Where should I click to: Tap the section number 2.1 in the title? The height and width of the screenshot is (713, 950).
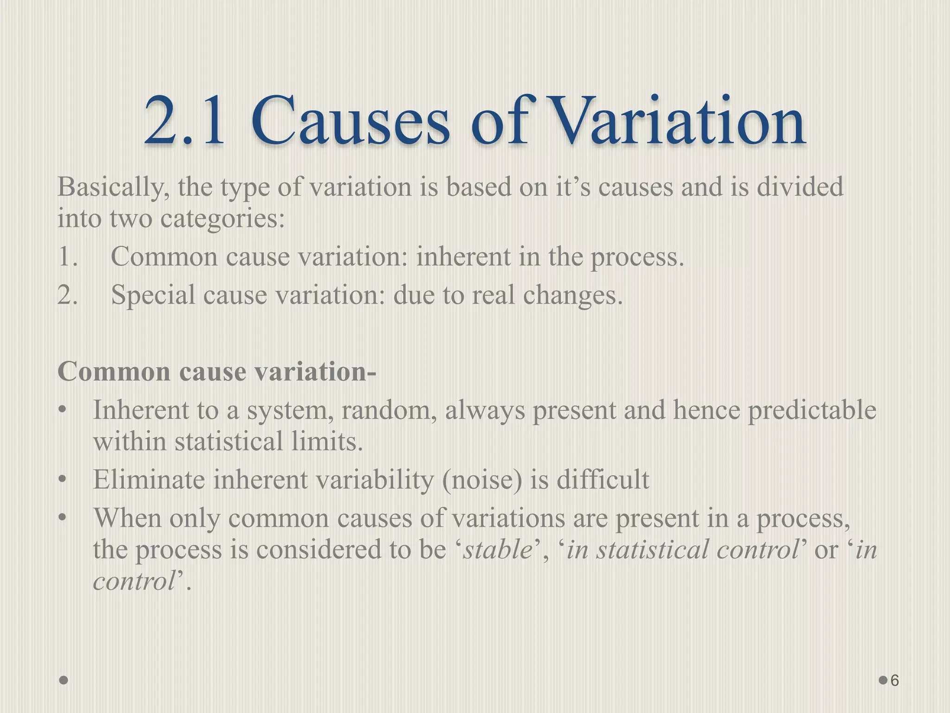(x=185, y=122)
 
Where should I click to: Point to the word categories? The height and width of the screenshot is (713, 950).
(x=222, y=219)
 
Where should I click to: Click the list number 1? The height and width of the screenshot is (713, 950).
(x=67, y=257)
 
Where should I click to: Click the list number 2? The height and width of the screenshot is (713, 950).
(x=67, y=295)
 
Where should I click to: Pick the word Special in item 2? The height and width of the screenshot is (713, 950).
(x=153, y=295)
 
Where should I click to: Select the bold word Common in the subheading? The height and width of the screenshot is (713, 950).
(x=114, y=372)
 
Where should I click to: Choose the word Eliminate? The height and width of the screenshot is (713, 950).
(x=148, y=480)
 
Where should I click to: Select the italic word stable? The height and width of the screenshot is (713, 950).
(x=498, y=550)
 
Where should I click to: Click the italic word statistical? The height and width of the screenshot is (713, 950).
(x=637, y=550)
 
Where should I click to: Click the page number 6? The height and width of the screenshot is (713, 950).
(x=895, y=681)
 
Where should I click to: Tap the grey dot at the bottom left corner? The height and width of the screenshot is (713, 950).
(x=64, y=681)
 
